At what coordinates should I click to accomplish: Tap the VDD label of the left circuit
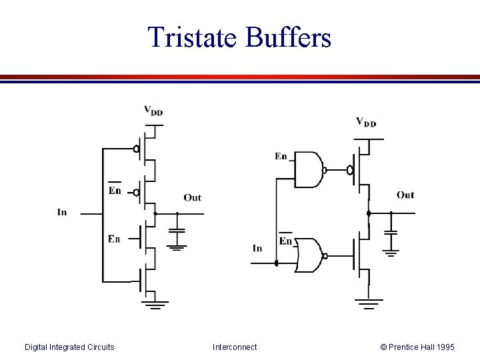pos(153,111)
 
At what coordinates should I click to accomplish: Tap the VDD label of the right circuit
pos(365,122)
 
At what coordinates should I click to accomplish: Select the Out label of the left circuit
pos(192,197)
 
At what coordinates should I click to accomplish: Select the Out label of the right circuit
pos(405,195)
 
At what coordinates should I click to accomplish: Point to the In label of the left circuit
pos(62,213)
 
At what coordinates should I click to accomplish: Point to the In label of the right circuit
pos(257,248)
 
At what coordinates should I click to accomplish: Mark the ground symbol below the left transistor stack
pos(155,305)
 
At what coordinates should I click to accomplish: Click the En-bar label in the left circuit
pos(115,189)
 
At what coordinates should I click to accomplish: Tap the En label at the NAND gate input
pos(281,157)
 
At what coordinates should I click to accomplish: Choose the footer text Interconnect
pos(235,347)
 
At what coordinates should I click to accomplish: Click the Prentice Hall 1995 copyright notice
pos(417,347)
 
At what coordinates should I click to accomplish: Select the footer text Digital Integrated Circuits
pos(69,347)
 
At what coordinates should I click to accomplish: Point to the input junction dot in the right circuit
pos(276,263)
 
